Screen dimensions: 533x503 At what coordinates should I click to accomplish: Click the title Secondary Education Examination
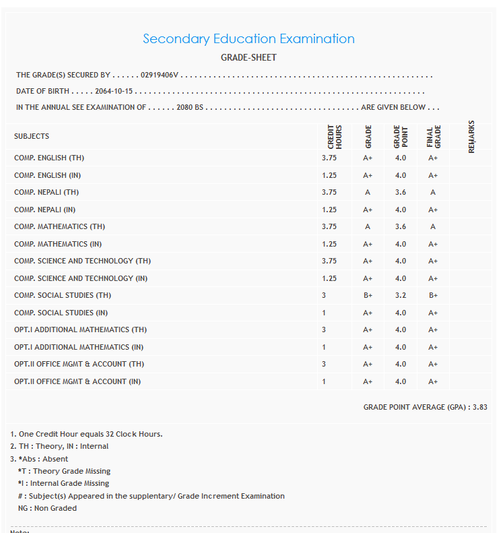248,39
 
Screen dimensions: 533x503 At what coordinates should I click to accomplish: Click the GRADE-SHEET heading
248,57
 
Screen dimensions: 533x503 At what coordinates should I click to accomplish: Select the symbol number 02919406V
159,75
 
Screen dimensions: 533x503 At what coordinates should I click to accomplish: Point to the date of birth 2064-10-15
114,92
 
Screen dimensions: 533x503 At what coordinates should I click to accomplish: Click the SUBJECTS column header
32,136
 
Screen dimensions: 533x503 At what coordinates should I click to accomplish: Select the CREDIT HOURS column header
335,136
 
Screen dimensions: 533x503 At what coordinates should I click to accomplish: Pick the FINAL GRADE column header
433,136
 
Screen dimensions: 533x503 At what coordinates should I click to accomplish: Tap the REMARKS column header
471,136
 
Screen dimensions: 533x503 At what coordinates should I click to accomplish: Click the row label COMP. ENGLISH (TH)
49,158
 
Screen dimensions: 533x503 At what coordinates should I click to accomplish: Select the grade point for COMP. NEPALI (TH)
401,192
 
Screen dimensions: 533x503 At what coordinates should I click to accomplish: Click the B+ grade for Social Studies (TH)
368,295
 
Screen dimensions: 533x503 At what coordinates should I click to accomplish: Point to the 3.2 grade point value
401,295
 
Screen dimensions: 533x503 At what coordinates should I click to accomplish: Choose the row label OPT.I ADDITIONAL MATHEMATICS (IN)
80,347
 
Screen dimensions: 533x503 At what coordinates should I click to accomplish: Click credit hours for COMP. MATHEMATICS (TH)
329,226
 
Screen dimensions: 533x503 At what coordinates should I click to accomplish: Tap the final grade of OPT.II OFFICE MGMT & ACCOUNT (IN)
433,381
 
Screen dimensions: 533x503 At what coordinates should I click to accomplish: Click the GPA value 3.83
479,407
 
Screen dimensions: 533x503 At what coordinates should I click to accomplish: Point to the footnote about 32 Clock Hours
86,434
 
